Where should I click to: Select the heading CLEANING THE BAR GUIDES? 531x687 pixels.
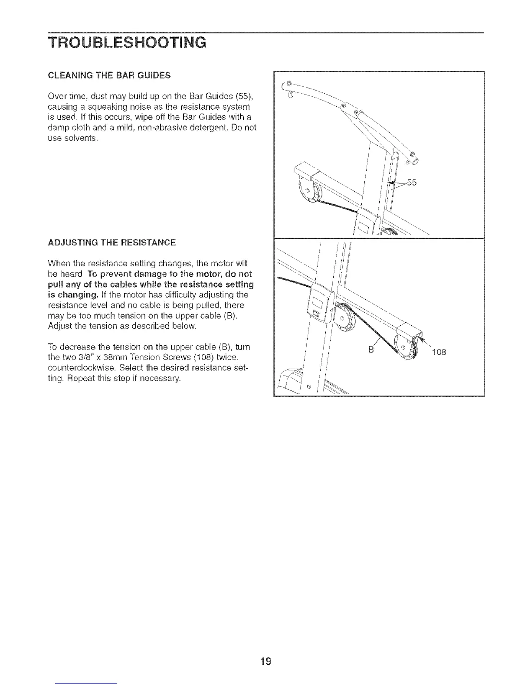pyautogui.click(x=109, y=75)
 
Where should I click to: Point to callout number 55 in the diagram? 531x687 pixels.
pyautogui.click(x=412, y=183)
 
